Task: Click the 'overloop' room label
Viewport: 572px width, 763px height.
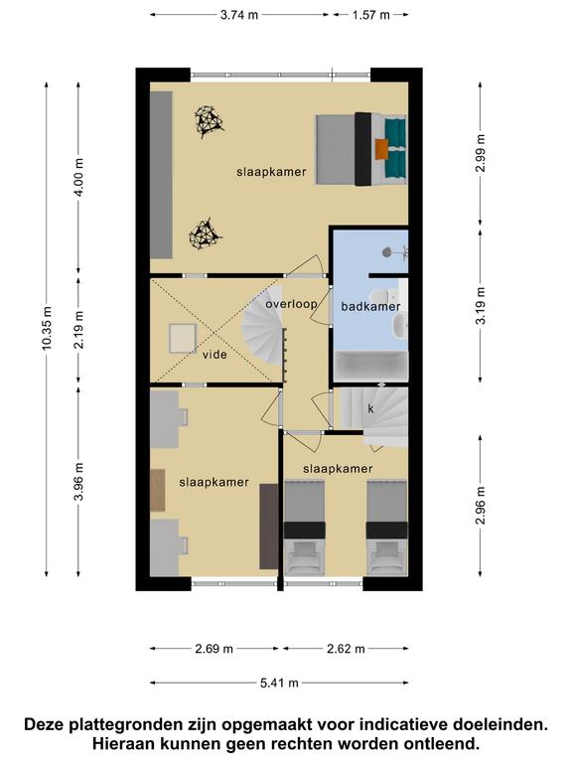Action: [x=291, y=305]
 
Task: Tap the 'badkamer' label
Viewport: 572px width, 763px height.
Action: [x=370, y=307]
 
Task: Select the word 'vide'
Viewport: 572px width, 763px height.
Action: [x=214, y=355]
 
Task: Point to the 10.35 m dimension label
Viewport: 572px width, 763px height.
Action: [x=47, y=329]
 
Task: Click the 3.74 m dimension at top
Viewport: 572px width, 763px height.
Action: [x=239, y=15]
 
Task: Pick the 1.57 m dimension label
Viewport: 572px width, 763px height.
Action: [x=371, y=15]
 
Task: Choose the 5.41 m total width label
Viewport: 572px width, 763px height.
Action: [x=279, y=683]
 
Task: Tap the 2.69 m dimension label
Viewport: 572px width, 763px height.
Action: [x=214, y=649]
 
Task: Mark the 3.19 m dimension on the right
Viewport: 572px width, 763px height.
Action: [x=481, y=306]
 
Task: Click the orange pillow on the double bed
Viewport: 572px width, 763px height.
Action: [x=382, y=149]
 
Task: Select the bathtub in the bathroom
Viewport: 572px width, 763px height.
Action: [x=371, y=365]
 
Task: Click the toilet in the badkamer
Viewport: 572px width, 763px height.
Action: [x=378, y=295]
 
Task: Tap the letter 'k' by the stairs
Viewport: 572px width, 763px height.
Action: [x=370, y=409]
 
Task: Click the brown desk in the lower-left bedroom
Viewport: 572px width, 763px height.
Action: [x=158, y=490]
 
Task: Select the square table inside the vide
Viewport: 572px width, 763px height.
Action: [x=183, y=338]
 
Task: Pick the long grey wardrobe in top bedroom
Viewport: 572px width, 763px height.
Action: [x=161, y=175]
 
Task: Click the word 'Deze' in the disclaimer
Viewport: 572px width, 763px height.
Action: [x=45, y=724]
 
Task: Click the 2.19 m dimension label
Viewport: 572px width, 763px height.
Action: [x=79, y=330]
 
